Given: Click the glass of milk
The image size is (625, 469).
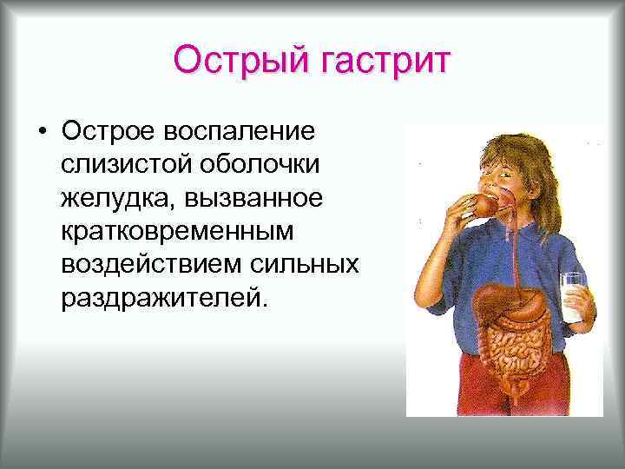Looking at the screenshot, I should (x=572, y=299).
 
